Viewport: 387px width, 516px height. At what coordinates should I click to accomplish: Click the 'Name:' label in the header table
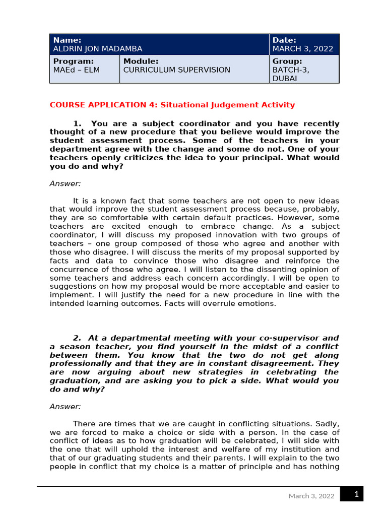67,40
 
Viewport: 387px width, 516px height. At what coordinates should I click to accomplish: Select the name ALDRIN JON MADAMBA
97,49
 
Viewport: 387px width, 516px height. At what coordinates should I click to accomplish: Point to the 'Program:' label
74,61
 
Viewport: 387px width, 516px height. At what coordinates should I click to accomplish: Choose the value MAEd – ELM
76,70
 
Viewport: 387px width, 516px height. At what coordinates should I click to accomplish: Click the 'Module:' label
141,61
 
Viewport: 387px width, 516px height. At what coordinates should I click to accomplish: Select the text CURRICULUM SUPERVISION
176,70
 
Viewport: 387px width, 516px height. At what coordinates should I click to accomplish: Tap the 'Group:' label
287,61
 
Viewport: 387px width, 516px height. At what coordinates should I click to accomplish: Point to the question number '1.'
77,123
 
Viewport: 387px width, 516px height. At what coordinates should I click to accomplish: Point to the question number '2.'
77,338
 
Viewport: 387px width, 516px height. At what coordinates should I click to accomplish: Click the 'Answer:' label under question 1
65,183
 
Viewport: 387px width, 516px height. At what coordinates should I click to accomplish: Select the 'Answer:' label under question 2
65,406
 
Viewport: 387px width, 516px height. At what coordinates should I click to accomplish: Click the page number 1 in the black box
356,494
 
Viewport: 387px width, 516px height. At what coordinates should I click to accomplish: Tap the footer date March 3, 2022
311,496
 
